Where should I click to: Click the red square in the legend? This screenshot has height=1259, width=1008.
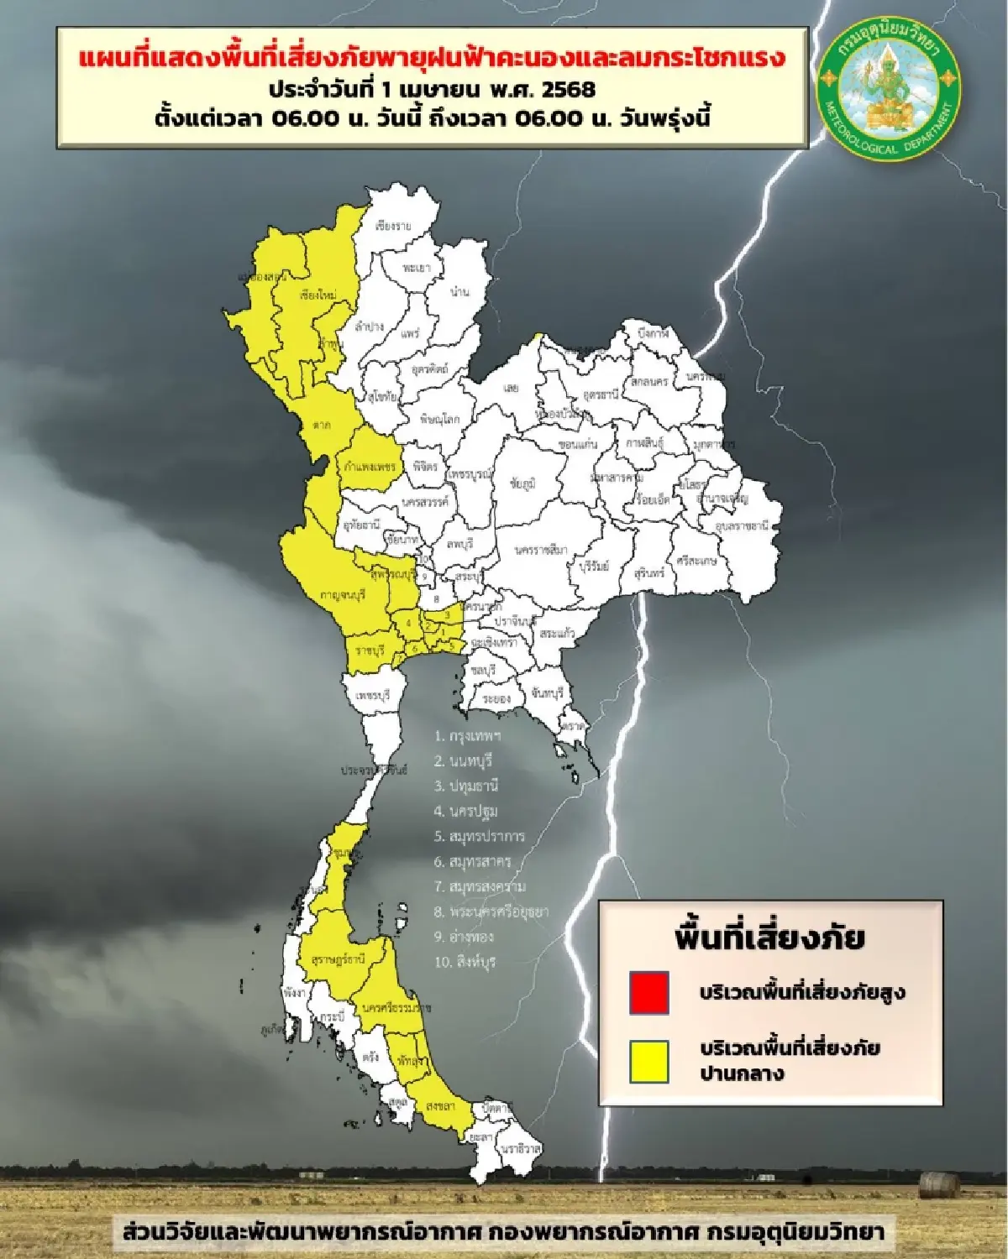[x=648, y=992]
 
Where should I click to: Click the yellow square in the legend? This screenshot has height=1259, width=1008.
[x=648, y=1061]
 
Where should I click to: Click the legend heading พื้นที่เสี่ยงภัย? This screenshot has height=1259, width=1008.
[x=769, y=937]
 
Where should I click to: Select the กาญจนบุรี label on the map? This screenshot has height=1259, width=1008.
[x=342, y=595]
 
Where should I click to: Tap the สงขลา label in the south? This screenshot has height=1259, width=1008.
[x=440, y=1105]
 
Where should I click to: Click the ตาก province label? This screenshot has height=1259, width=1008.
[x=321, y=425]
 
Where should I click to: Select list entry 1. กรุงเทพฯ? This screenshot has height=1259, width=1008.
[x=468, y=735]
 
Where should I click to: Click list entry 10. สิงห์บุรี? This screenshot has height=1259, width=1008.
[x=465, y=961]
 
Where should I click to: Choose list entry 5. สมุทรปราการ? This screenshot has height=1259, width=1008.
[x=480, y=836]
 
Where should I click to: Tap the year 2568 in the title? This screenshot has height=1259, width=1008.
[x=567, y=88]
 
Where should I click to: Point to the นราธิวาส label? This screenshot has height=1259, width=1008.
[x=521, y=1147]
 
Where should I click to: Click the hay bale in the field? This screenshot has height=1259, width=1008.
[x=939, y=1185]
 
